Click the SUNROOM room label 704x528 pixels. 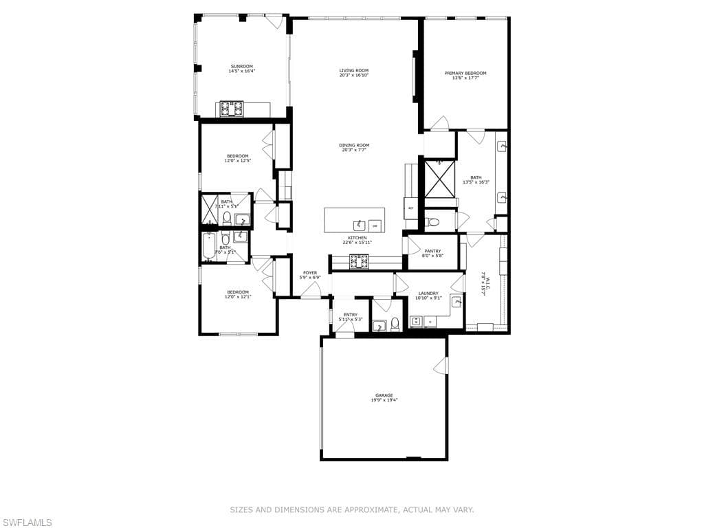pyautogui.click(x=241, y=67)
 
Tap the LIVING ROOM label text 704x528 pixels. pyautogui.click(x=354, y=70)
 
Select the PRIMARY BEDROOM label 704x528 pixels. pyautogui.click(x=465, y=74)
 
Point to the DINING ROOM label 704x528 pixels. pyautogui.click(x=354, y=145)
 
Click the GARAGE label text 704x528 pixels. pyautogui.click(x=384, y=395)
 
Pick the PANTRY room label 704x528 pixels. pyautogui.click(x=432, y=251)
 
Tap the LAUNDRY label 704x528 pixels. pyautogui.click(x=428, y=294)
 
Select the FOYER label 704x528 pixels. pyautogui.click(x=309, y=273)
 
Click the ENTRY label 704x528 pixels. pyautogui.click(x=351, y=315)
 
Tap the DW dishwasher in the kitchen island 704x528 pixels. pyautogui.click(x=375, y=225)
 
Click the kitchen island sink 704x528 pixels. pyautogui.click(x=359, y=225)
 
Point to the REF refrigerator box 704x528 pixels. pyautogui.click(x=411, y=208)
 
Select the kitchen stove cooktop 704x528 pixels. pyautogui.click(x=360, y=261)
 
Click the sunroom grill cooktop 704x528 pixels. pyautogui.click(x=232, y=109)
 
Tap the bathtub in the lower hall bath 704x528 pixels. pyautogui.click(x=208, y=247)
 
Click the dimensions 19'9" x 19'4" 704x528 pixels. pyautogui.click(x=384, y=400)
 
